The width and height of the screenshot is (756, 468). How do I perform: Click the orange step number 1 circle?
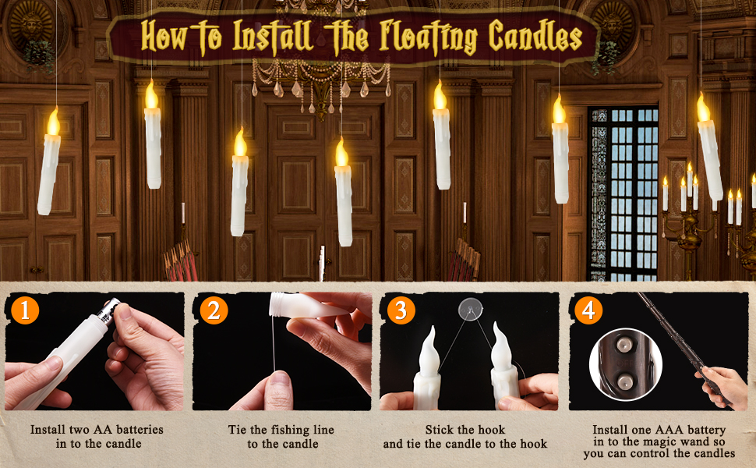[x=26, y=311]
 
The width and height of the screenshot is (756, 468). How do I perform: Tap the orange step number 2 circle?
[x=213, y=311]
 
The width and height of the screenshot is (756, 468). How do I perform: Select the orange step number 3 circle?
[x=401, y=311]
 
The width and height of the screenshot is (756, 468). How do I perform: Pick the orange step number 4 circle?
[x=588, y=311]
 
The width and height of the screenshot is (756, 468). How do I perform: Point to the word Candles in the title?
[x=535, y=37]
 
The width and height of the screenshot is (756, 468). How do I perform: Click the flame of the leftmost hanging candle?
[x=53, y=121]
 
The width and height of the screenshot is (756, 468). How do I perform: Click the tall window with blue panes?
[x=623, y=191]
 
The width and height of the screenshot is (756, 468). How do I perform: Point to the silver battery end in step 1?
[x=110, y=310]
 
